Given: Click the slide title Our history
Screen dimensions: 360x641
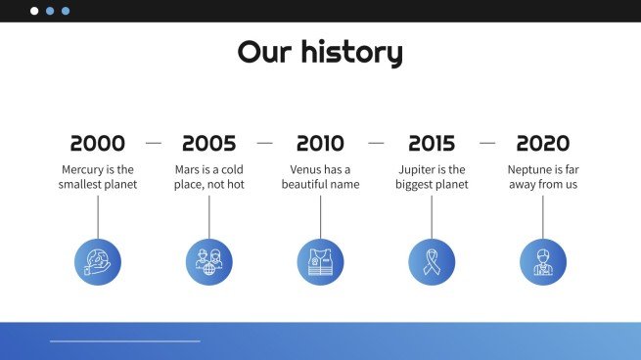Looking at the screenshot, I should (320, 52).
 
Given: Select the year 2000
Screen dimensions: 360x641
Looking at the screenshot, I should (98, 144).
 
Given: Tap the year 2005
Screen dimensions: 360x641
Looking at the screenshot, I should (208, 144).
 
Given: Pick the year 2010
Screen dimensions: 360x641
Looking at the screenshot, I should (320, 144).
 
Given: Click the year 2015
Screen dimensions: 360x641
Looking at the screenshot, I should (432, 144).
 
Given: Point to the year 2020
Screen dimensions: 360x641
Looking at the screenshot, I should (542, 144).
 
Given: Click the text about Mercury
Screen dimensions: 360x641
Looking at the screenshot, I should (98, 177).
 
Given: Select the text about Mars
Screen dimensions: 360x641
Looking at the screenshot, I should (208, 177).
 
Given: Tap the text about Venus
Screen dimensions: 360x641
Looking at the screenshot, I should (320, 177).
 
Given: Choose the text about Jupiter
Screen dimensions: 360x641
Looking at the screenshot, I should (432, 177).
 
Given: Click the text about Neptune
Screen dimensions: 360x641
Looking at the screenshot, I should (542, 177).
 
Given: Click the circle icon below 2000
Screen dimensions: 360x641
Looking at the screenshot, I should (98, 262).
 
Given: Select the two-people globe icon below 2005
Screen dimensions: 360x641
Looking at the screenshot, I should (208, 262).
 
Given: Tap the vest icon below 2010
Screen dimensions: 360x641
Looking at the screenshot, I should (320, 262).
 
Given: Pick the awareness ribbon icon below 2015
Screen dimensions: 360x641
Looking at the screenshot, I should (432, 262).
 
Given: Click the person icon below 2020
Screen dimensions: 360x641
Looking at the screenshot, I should (542, 262).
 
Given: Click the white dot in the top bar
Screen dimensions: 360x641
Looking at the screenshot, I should (34, 11).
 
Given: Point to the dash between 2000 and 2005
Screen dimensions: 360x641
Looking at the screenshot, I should (154, 143).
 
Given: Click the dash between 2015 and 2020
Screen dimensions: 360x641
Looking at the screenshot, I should (487, 143).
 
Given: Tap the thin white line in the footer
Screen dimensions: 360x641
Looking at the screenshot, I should (125, 341).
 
